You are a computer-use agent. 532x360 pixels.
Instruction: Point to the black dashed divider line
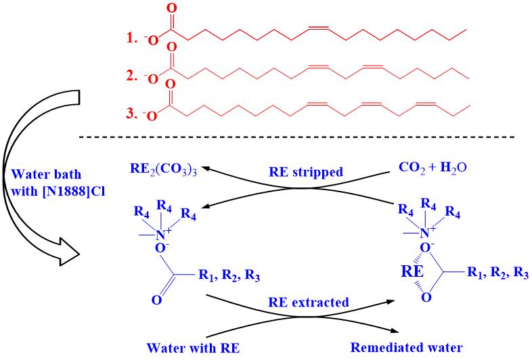coord(298,137)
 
